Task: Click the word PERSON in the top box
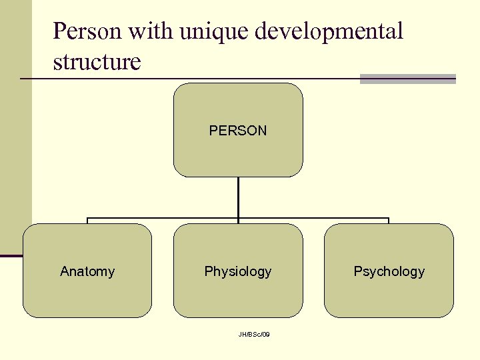point(238,131)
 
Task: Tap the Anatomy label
point(87,271)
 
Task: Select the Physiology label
point(238,271)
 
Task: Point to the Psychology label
point(389,271)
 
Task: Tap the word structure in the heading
point(97,62)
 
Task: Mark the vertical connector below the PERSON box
point(238,197)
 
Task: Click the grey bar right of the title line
point(407,79)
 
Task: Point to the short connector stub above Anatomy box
point(87,221)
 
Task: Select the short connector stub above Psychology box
point(389,221)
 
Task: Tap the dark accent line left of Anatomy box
point(11,255)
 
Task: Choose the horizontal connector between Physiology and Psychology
point(313,218)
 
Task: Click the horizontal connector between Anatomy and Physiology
point(163,218)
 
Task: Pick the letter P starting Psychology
point(357,271)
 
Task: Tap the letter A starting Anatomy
point(64,271)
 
